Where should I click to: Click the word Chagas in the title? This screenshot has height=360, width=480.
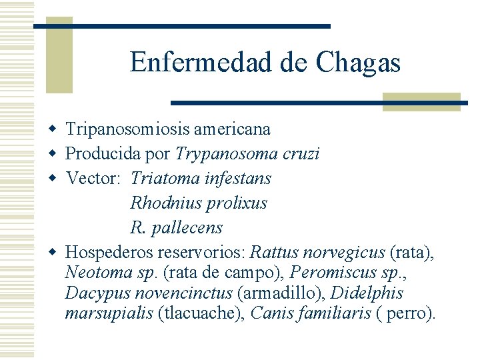358,63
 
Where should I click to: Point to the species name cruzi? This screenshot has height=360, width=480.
301,154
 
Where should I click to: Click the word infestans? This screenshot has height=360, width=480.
239,179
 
